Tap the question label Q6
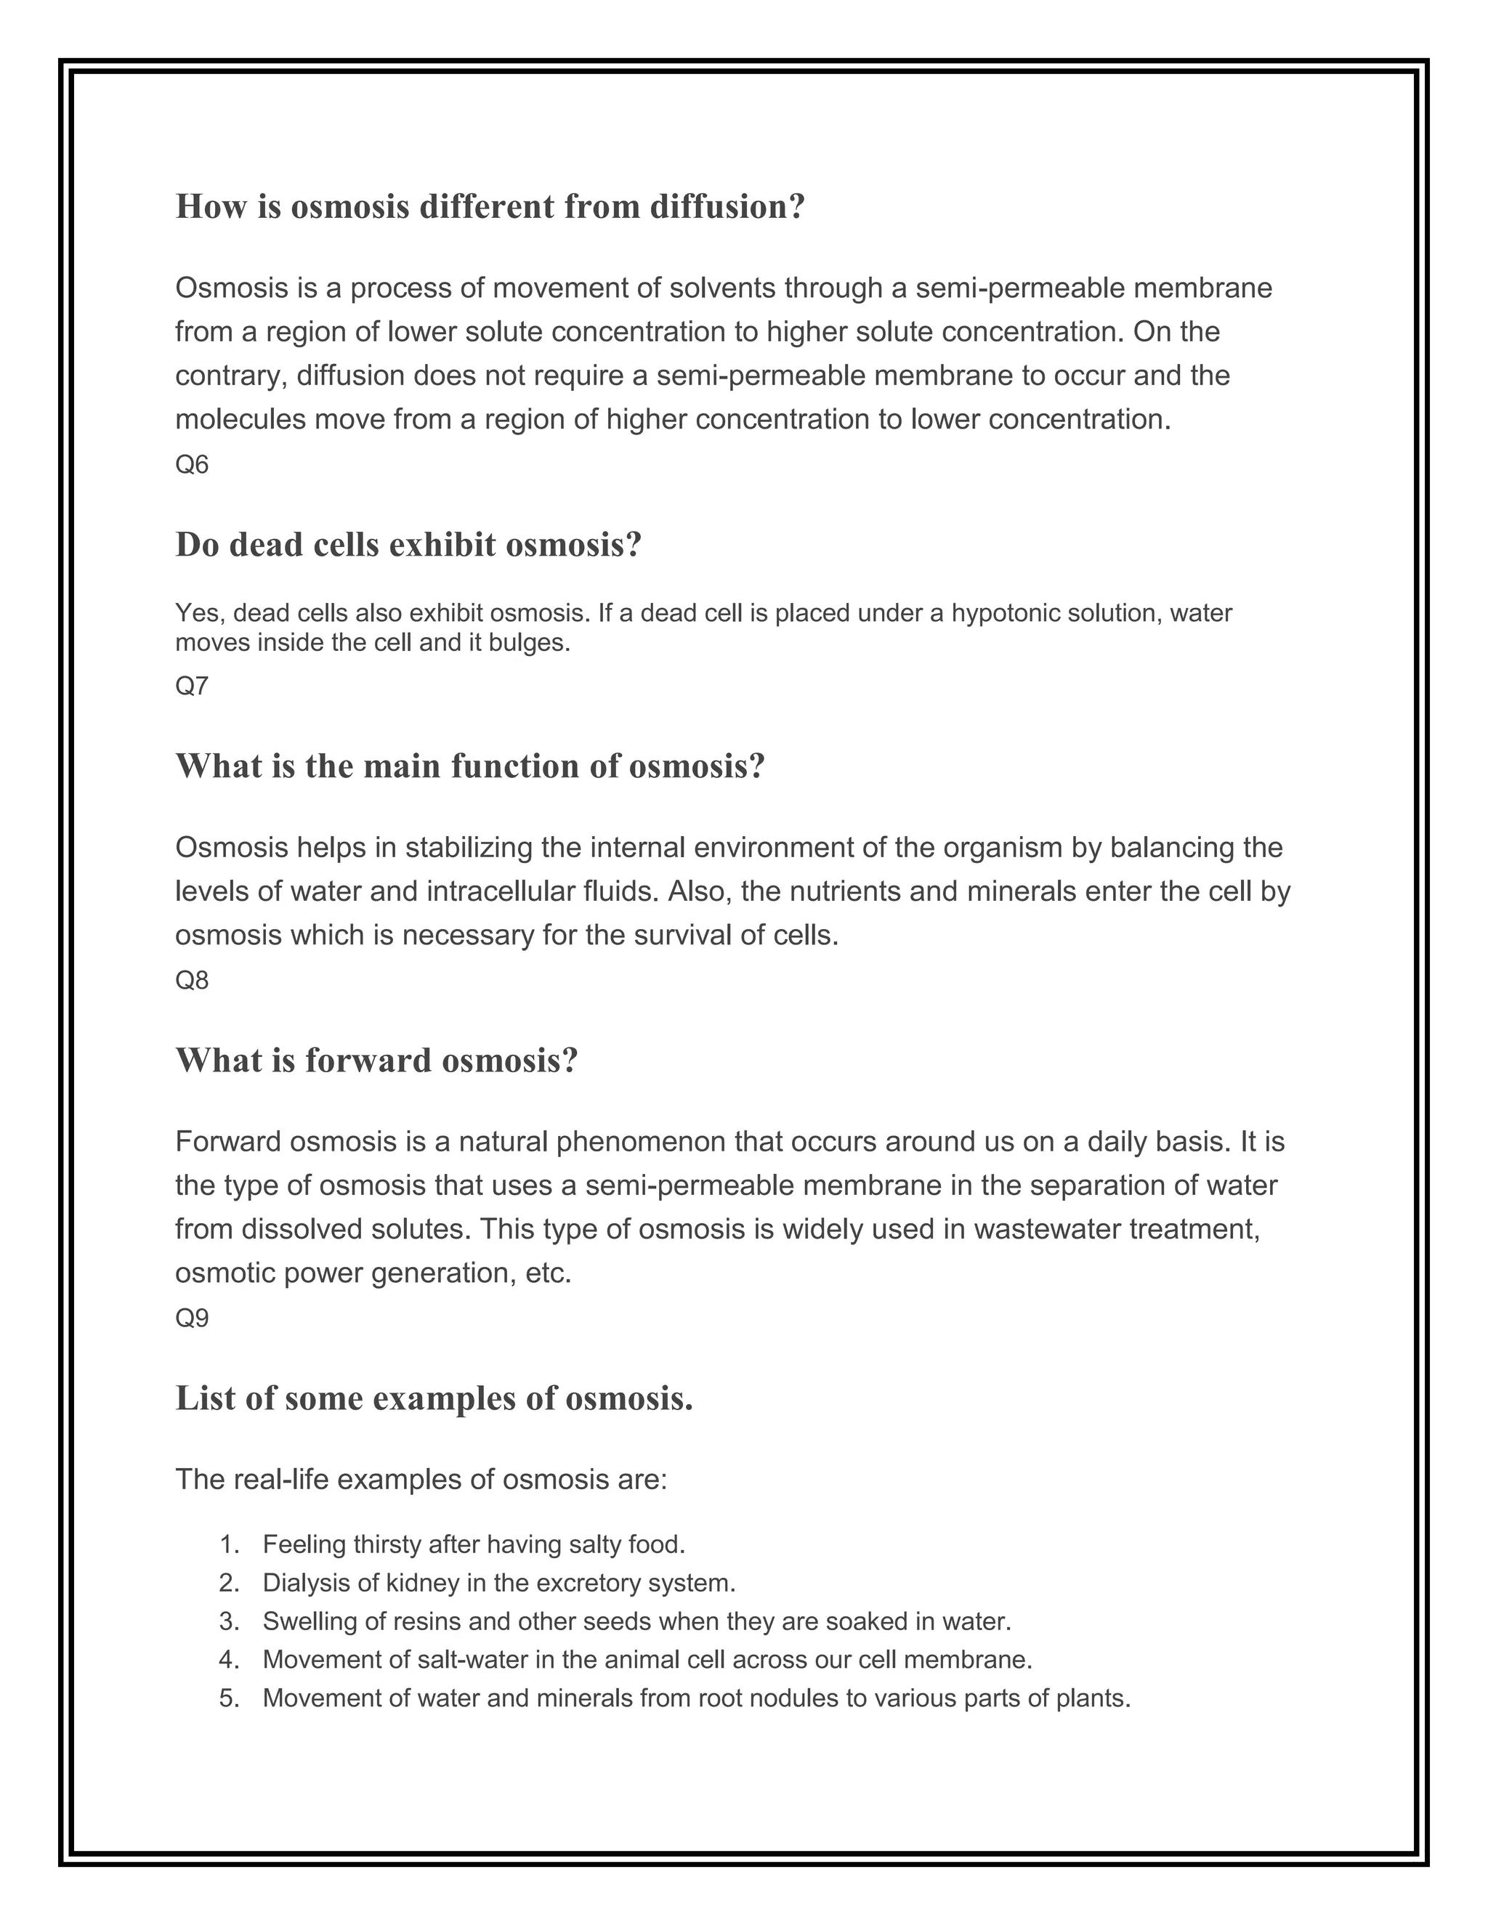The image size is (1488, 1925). [x=192, y=464]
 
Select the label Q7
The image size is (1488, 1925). [x=192, y=686]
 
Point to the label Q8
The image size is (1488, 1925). [x=192, y=980]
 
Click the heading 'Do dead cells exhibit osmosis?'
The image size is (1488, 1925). [x=408, y=545]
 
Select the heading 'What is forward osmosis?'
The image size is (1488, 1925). [x=376, y=1061]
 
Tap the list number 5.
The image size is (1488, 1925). [x=228, y=1698]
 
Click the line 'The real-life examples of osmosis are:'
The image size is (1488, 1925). [x=421, y=1479]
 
